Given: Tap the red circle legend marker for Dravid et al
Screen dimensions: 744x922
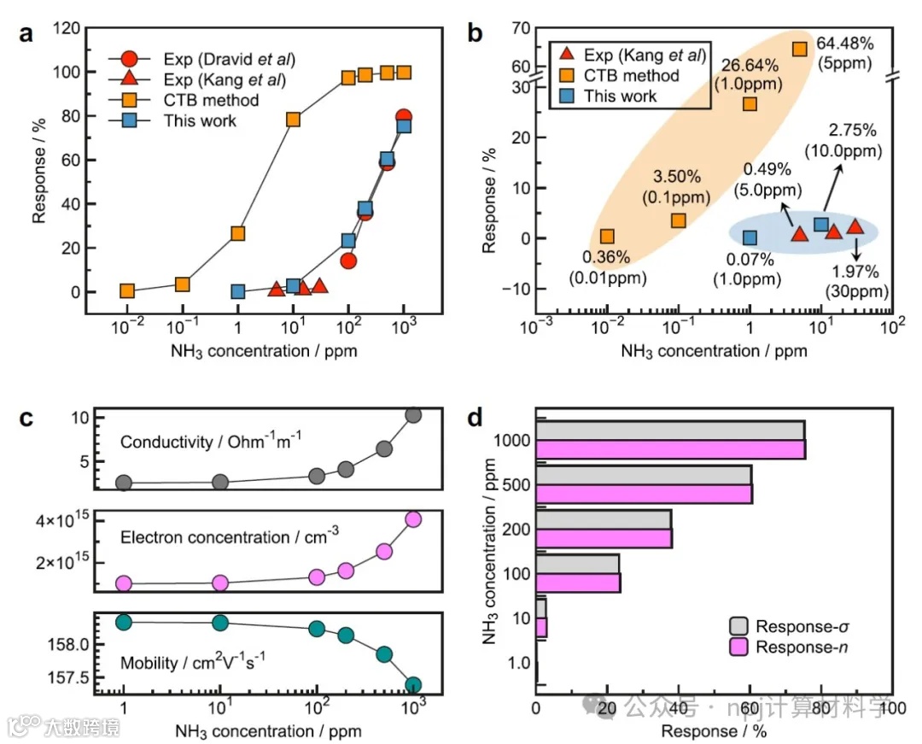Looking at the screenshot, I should click(128, 59).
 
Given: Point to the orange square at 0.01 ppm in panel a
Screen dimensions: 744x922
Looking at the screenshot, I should click(127, 290).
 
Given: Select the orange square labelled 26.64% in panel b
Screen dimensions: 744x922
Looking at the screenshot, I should click(750, 103).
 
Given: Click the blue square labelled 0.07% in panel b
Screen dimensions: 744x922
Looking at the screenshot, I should click(750, 237).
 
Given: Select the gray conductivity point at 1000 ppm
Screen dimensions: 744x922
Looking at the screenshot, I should click(413, 415).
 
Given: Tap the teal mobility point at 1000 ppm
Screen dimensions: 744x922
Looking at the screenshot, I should click(413, 684).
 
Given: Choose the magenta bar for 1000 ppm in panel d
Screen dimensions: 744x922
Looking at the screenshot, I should click(670, 449).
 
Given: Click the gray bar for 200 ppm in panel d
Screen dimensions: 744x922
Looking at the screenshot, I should click(603, 518).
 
